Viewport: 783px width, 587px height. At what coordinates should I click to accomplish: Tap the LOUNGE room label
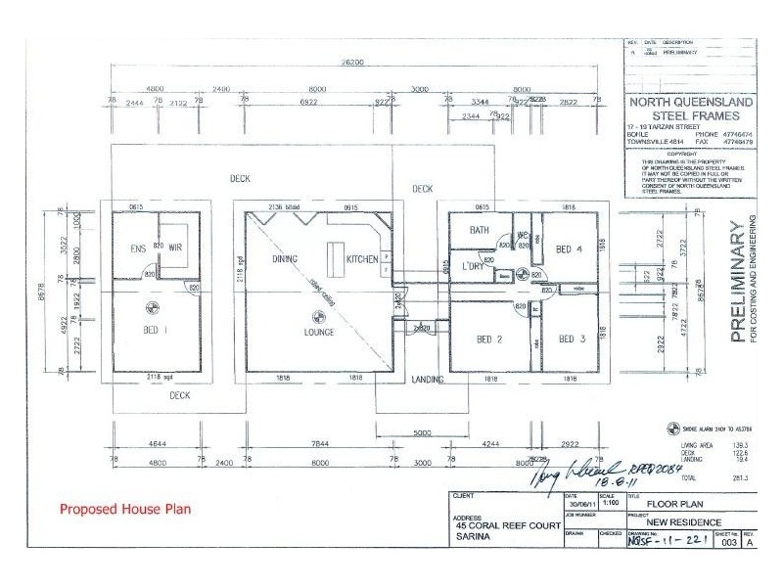[x=318, y=332]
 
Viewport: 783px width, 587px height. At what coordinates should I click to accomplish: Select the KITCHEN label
[x=363, y=259]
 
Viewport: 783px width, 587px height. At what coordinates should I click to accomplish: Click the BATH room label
[x=479, y=231]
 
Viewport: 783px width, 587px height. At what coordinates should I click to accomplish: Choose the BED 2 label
[x=489, y=339]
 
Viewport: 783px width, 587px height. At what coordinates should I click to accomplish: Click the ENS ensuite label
[x=138, y=248]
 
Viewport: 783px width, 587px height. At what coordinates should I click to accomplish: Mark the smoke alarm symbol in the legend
[x=672, y=428]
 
